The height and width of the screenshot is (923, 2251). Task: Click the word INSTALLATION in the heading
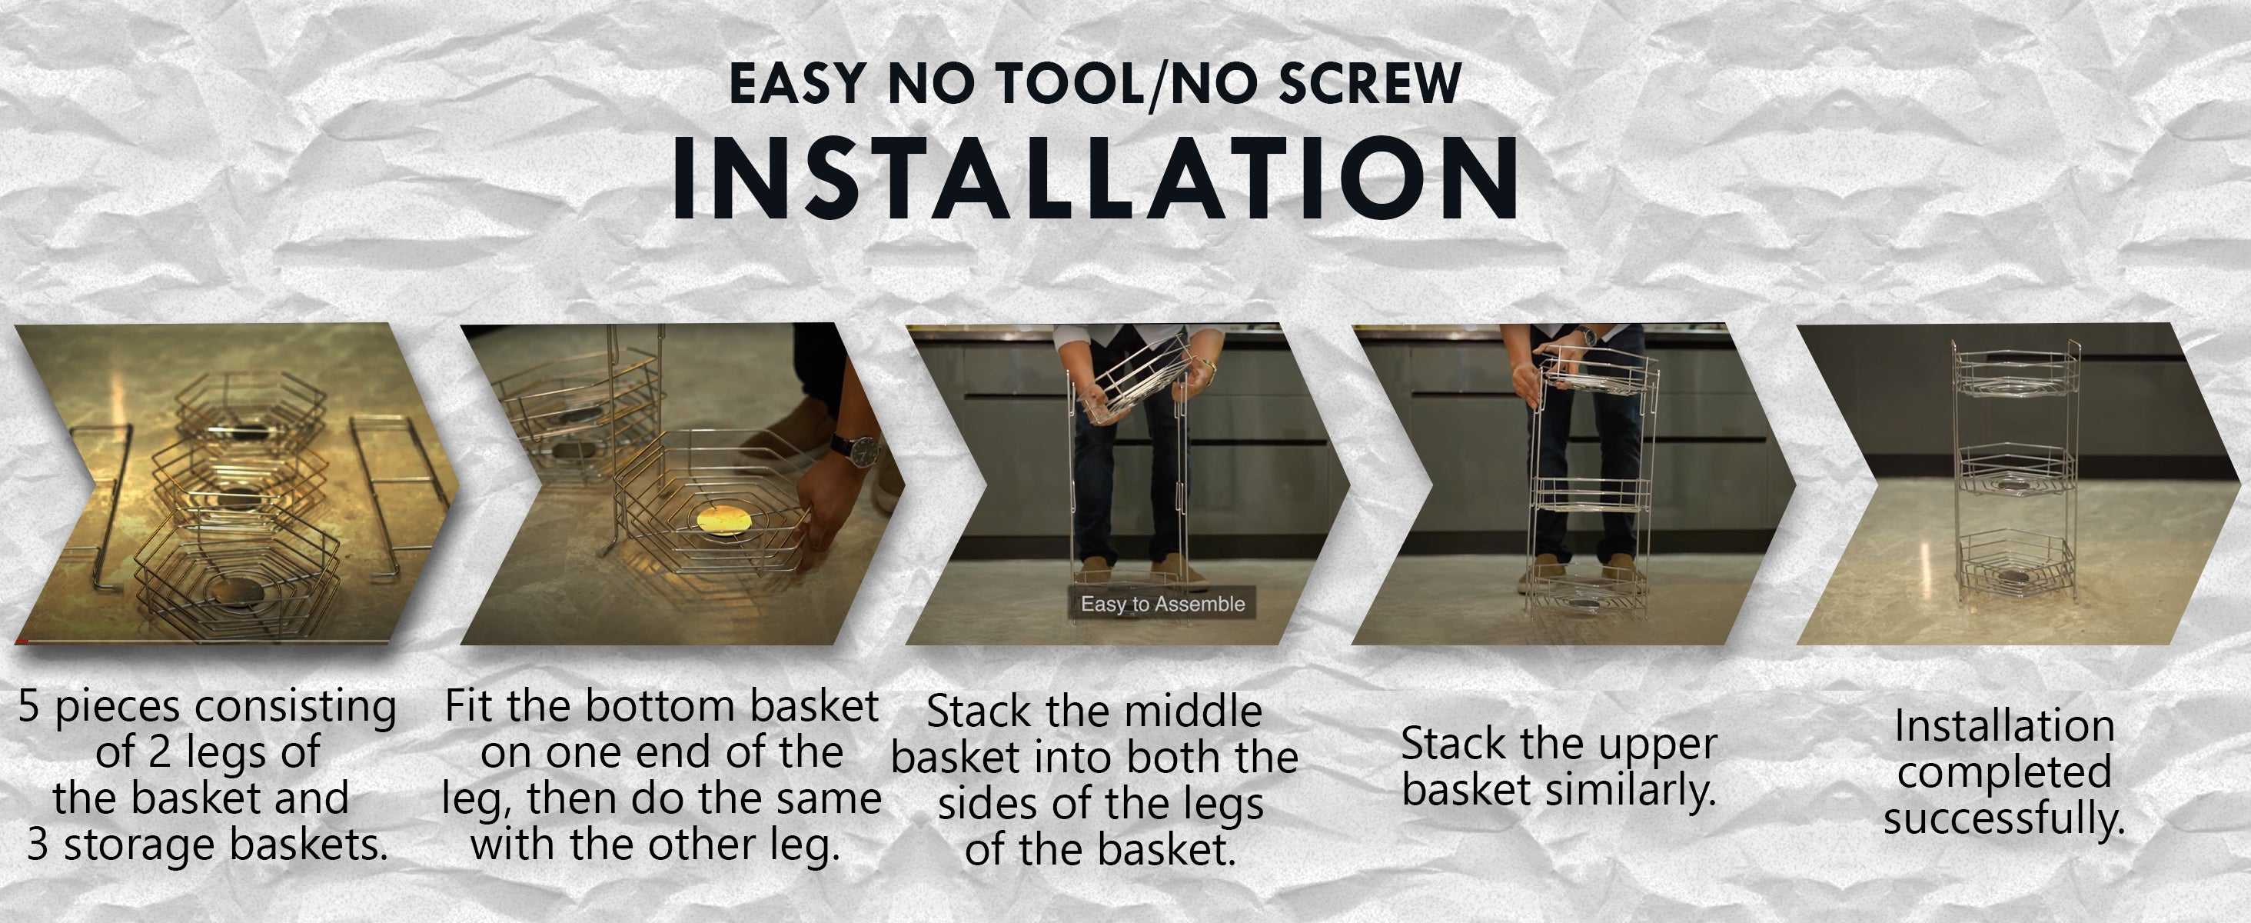pyautogui.click(x=1095, y=178)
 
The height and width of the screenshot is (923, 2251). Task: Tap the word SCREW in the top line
pyautogui.click(x=1369, y=84)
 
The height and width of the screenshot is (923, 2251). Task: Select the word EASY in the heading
pyautogui.click(x=798, y=84)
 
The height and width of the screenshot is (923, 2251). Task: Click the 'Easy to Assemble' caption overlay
pyautogui.click(x=1162, y=603)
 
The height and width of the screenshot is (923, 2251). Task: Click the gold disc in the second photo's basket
pyautogui.click(x=723, y=519)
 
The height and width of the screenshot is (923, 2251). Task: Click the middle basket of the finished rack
pyautogui.click(x=2015, y=472)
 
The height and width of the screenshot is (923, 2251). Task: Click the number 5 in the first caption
pyautogui.click(x=29, y=706)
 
